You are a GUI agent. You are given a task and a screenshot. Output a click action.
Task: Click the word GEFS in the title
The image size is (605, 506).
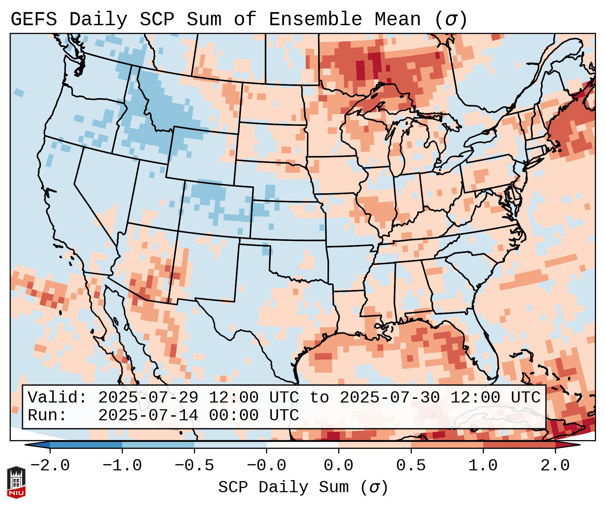pyautogui.click(x=34, y=19)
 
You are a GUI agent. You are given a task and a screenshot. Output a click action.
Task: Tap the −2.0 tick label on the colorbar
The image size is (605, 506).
pyautogui.click(x=50, y=466)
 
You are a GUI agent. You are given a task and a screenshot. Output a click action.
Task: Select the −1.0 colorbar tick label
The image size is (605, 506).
pyautogui.click(x=122, y=466)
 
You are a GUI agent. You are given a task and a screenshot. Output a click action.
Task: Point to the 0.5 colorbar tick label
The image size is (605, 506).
pyautogui.click(x=411, y=466)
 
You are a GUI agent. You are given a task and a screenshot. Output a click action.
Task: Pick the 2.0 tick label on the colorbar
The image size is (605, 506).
pyautogui.click(x=555, y=466)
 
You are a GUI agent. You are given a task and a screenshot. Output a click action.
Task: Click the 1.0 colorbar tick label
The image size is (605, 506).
pyautogui.click(x=483, y=466)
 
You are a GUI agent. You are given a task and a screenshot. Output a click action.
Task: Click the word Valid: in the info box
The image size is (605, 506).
pyautogui.click(x=57, y=398)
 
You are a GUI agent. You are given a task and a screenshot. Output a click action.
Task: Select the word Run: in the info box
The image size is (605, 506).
pyautogui.click(x=47, y=415)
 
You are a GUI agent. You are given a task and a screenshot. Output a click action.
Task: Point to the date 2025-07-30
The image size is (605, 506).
pyautogui.click(x=390, y=398)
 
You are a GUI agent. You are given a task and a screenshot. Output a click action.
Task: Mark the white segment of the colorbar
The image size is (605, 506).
pyautogui.click(x=302, y=445)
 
